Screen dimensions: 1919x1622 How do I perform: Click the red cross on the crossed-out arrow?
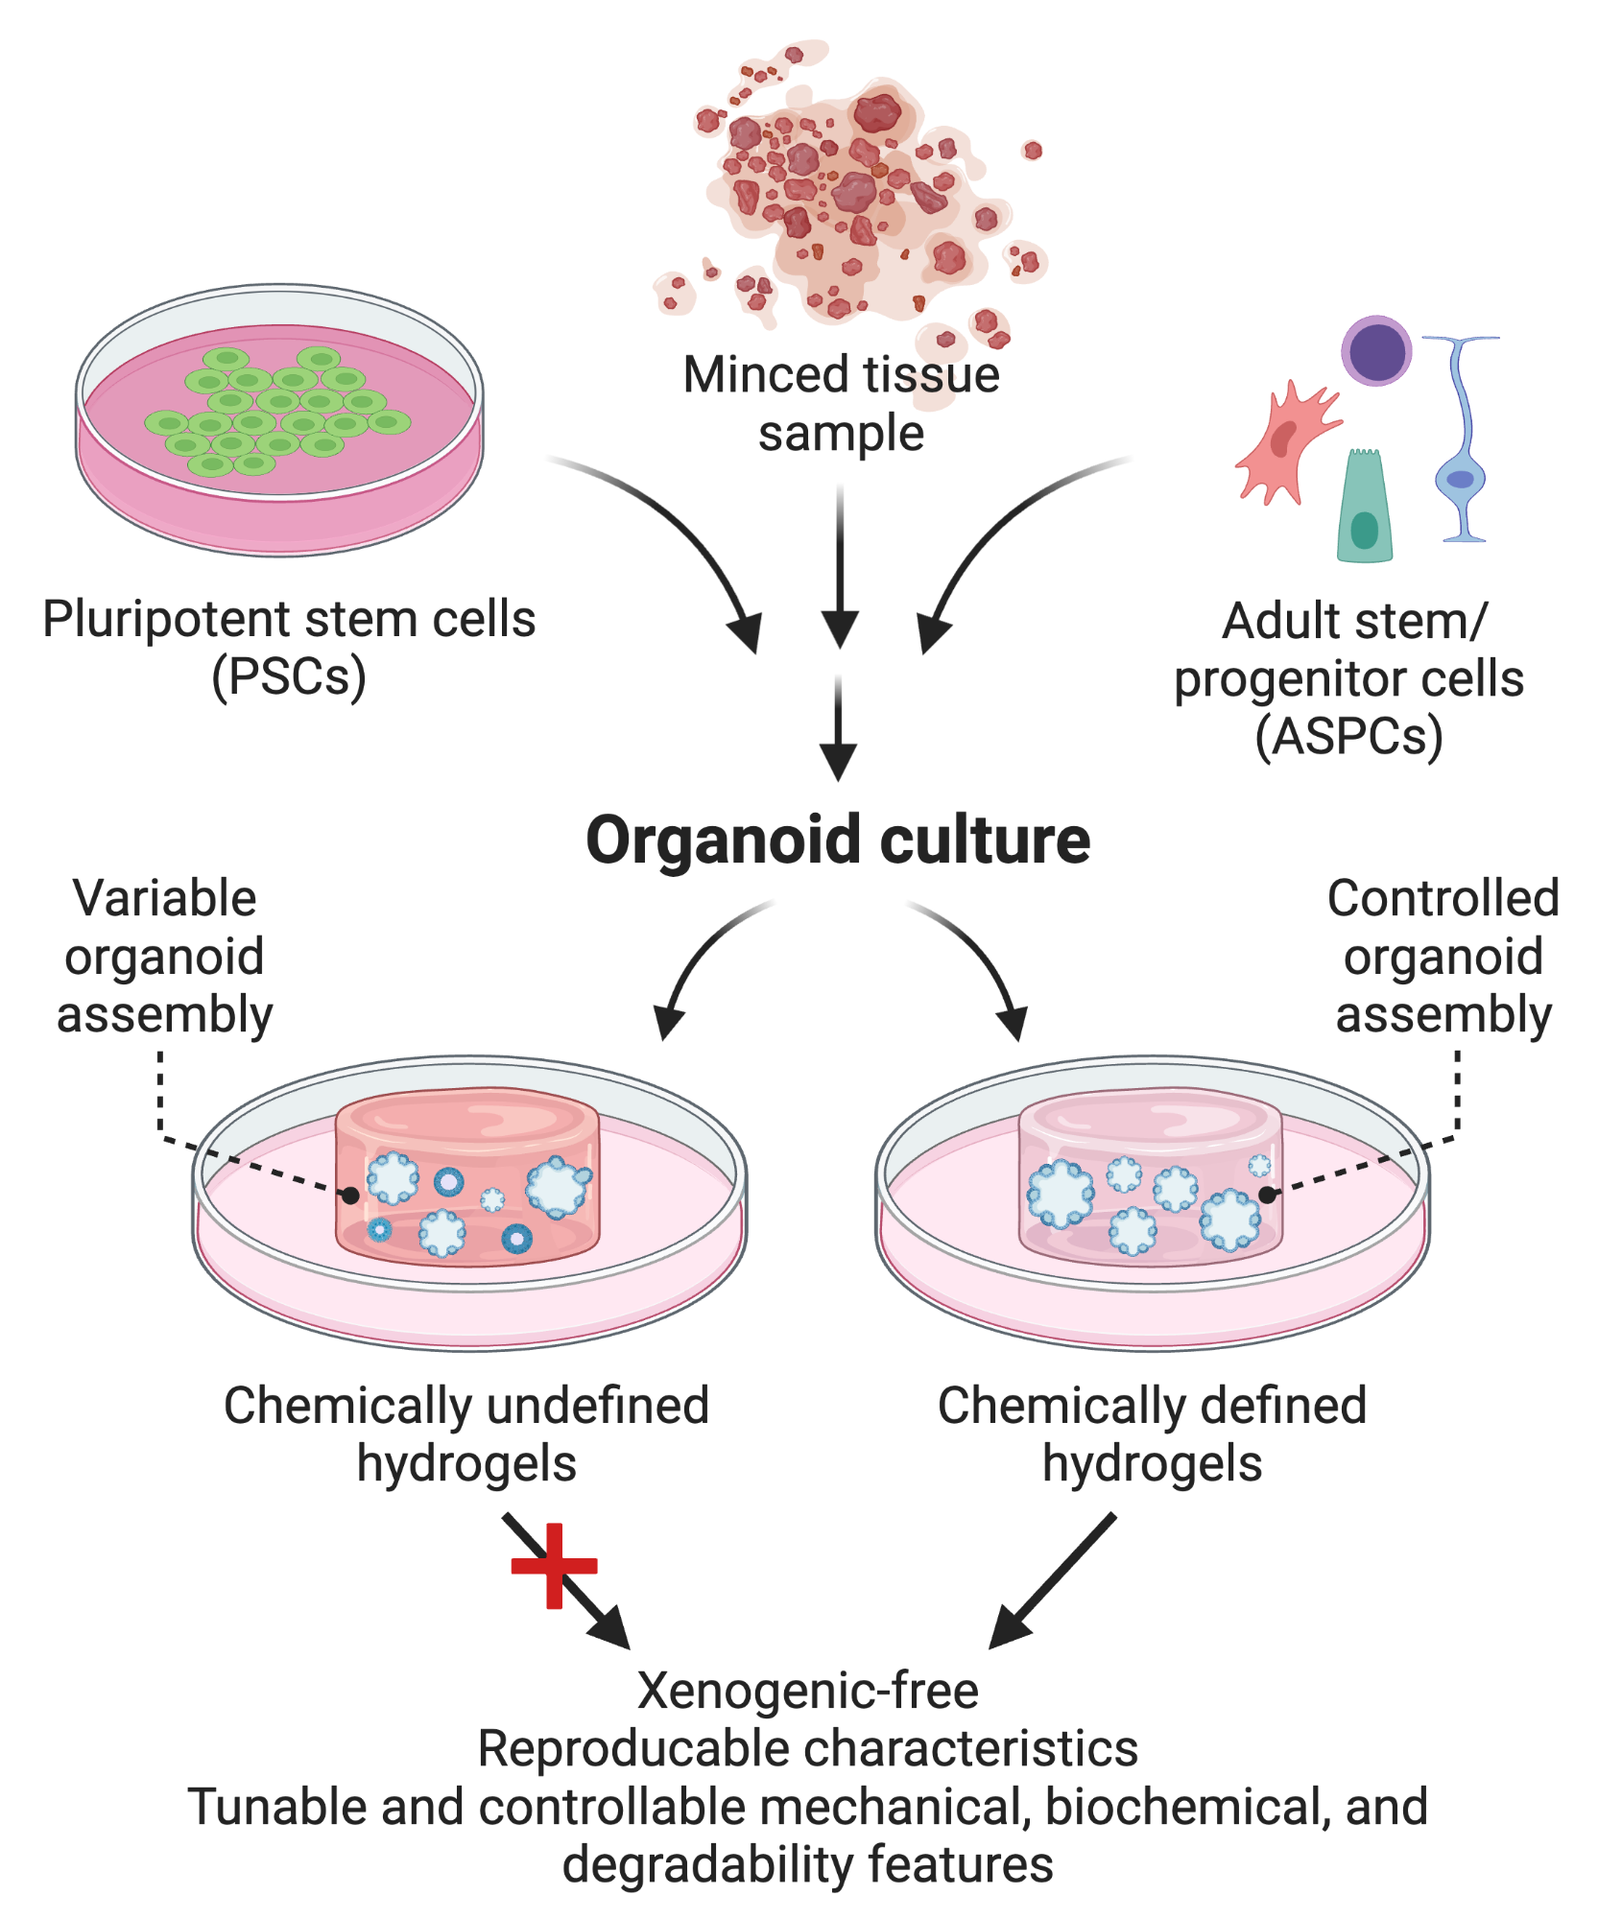point(554,1566)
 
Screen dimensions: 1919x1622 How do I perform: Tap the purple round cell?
point(1376,350)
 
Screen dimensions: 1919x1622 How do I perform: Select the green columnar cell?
point(1364,506)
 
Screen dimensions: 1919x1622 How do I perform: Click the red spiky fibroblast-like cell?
point(1284,441)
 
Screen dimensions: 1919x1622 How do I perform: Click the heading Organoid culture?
point(837,841)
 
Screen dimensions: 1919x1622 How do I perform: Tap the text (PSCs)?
point(288,677)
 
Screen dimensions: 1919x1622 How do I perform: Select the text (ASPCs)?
point(1348,737)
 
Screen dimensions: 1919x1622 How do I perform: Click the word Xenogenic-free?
point(807,1691)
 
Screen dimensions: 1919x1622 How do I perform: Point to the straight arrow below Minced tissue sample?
point(840,566)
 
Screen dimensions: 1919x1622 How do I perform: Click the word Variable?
point(165,899)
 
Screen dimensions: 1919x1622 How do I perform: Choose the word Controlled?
point(1443,899)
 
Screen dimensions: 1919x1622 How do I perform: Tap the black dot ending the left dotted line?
point(351,1196)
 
